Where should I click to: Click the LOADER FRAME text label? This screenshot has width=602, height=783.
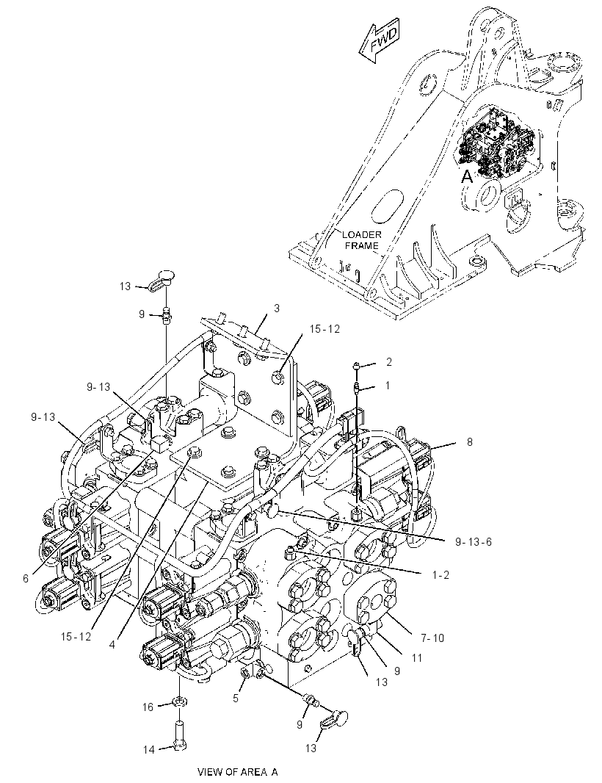click(361, 240)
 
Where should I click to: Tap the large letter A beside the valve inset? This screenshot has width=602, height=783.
click(467, 176)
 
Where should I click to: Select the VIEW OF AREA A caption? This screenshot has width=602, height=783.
click(238, 772)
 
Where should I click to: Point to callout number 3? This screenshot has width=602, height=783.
click(277, 308)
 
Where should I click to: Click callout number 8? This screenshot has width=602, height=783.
click(469, 442)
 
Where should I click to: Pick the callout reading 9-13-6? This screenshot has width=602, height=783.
click(474, 542)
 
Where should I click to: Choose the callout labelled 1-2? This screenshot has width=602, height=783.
click(440, 575)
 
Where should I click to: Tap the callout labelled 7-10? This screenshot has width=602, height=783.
click(432, 638)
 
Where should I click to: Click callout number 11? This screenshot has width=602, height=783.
click(417, 658)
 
